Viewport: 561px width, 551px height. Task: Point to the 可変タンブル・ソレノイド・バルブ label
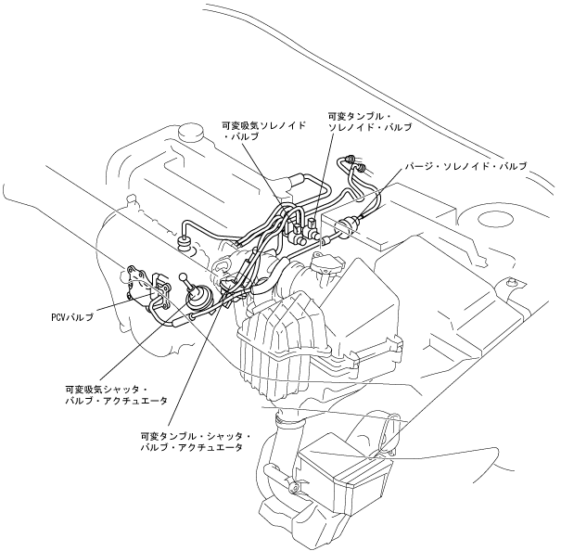(x=370, y=122)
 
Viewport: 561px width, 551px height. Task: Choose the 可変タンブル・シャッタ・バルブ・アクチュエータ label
(x=190, y=441)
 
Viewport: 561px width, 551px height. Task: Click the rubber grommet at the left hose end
(x=184, y=244)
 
